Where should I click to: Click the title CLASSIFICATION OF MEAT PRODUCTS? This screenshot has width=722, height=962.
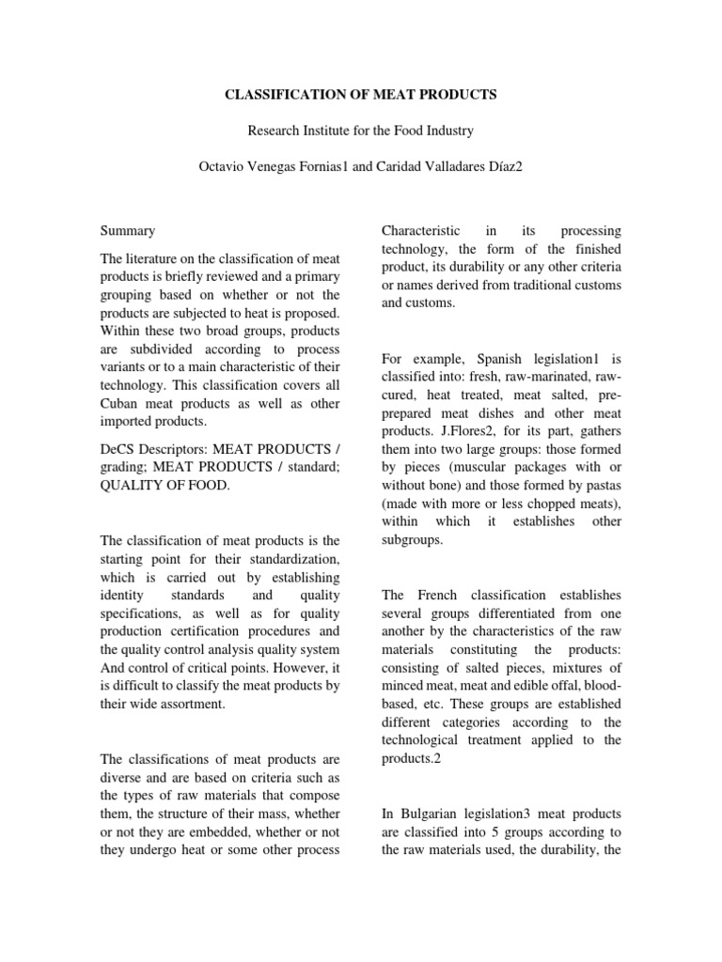click(360, 95)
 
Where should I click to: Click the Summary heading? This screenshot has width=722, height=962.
click(129, 230)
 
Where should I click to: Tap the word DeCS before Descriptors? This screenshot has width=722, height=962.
click(118, 450)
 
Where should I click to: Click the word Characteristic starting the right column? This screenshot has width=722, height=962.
click(420, 230)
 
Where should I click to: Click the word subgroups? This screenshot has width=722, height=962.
click(412, 540)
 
